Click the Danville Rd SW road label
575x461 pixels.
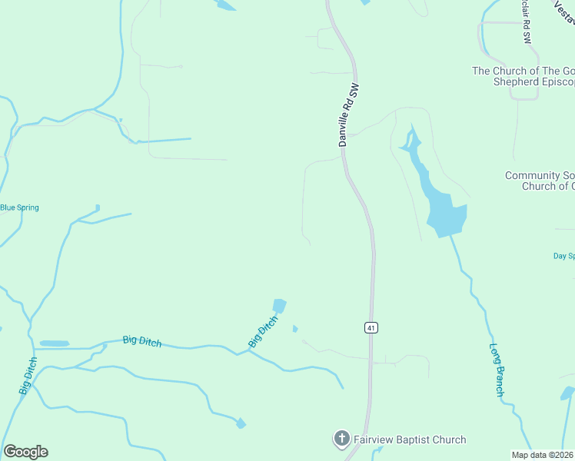coord(349,115)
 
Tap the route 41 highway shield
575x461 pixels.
coord(371,327)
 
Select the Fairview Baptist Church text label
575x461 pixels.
coord(409,440)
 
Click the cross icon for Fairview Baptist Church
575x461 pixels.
coord(341,439)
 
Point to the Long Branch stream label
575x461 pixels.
coord(497,370)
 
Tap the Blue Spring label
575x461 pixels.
coord(19,207)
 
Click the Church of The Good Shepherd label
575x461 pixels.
coord(523,77)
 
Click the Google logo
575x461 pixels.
coord(25,452)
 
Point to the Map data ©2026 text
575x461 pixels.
coord(543,455)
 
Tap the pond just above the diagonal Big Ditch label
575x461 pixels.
coord(279,306)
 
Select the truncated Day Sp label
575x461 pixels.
coord(563,256)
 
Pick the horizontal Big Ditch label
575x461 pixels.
coord(142,341)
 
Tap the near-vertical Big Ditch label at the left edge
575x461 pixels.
coord(28,376)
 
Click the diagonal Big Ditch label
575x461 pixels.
coord(262,333)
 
